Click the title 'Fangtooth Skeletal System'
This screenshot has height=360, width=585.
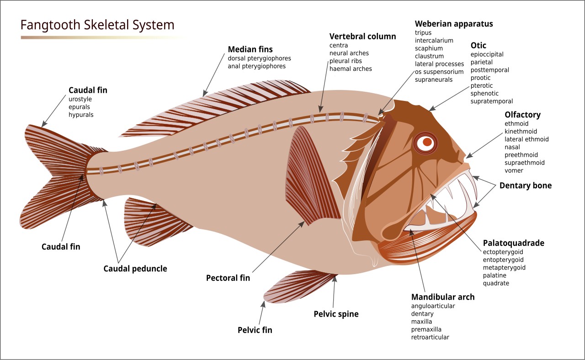pos(97,25)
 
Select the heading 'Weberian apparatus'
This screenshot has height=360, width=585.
pos(454,24)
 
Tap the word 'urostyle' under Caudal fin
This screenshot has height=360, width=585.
pos(80,99)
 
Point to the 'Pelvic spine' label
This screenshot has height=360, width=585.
pos(336,314)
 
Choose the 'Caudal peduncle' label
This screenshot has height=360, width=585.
pos(135,269)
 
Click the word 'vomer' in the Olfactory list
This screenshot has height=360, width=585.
pos(514,170)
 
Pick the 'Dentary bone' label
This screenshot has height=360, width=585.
pos(525,185)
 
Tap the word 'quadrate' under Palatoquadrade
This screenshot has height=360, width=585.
pos(496,283)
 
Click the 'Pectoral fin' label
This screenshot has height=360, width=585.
pos(228,278)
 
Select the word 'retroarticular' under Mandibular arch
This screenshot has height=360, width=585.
pos(430,337)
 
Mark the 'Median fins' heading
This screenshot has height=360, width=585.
pos(250,49)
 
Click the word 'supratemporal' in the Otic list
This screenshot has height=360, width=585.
pos(492,101)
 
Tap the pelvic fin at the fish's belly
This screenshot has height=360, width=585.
pos(297,286)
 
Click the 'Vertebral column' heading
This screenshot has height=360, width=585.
pos(362,37)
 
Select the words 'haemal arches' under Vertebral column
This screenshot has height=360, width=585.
pos(351,69)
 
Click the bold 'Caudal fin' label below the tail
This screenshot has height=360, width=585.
pos(61,247)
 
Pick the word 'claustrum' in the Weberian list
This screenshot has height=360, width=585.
pos(429,56)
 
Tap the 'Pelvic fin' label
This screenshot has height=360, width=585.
pos(255,330)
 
